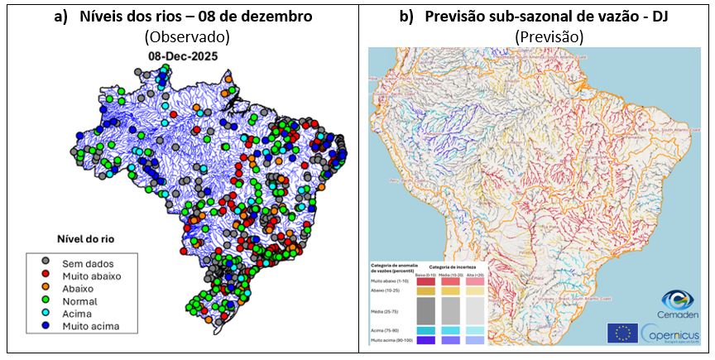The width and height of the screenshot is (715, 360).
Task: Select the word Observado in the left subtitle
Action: point(186,37)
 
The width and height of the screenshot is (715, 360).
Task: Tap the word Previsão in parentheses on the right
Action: point(549,37)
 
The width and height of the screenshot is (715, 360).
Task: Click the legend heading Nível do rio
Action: point(81,238)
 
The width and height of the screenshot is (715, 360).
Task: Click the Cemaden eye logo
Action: point(678,300)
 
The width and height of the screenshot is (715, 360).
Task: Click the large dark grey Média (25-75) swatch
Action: point(425,310)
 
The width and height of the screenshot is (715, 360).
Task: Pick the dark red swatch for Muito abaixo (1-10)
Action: point(425,282)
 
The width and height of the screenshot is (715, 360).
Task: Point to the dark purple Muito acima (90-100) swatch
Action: point(425,339)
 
